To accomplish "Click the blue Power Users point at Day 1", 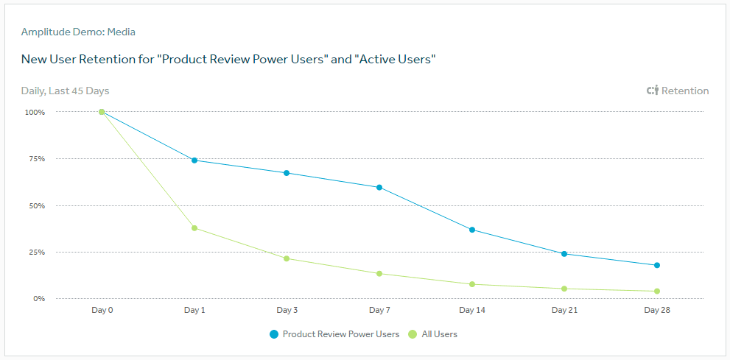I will pyautogui.click(x=194, y=160).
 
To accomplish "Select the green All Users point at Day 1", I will pyautogui.click(x=194, y=228).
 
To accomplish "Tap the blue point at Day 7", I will pyautogui.click(x=379, y=187).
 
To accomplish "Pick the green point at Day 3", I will pyautogui.click(x=287, y=258).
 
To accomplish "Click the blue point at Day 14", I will pyautogui.click(x=472, y=230).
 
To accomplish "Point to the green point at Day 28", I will pyautogui.click(x=657, y=291).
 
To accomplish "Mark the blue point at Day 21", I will pyautogui.click(x=564, y=254).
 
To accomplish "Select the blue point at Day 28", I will pyautogui.click(x=657, y=265).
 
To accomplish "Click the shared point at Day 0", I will pyautogui.click(x=102, y=112).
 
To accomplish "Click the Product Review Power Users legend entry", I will pyautogui.click(x=335, y=334).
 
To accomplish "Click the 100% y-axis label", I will pyautogui.click(x=35, y=113).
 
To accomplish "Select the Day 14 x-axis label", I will pyautogui.click(x=472, y=310).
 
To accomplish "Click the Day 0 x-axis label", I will pyautogui.click(x=102, y=310).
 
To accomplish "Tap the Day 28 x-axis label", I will pyautogui.click(x=657, y=310).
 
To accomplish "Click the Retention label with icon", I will pyautogui.click(x=678, y=91).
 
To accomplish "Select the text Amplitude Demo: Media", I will pyautogui.click(x=78, y=32).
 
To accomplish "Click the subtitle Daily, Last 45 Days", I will pyautogui.click(x=65, y=91).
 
